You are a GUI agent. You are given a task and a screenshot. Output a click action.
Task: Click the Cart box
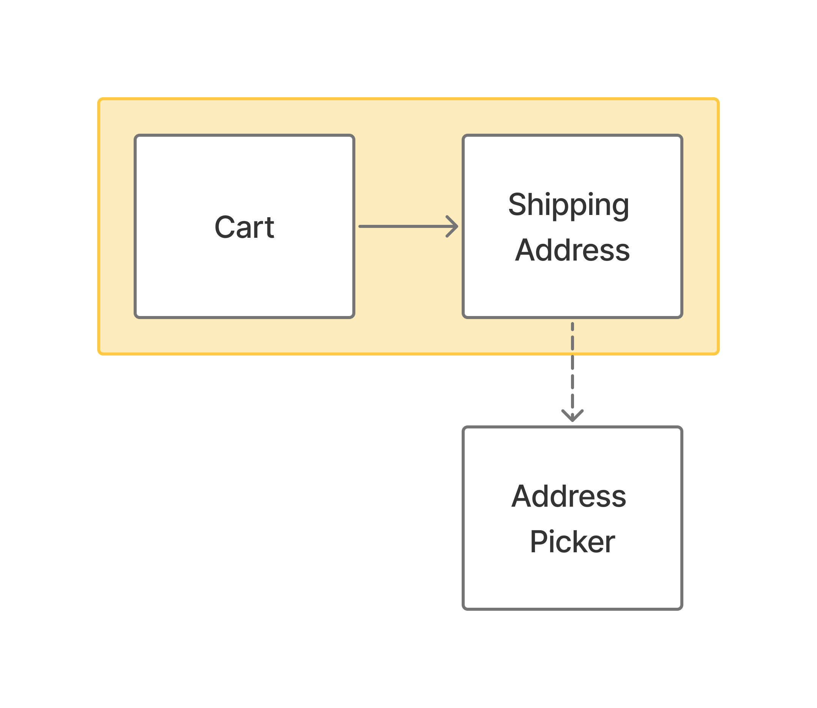coord(244,277)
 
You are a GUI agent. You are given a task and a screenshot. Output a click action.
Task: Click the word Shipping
coord(568,205)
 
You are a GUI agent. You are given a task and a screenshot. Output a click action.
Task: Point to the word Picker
coord(572,542)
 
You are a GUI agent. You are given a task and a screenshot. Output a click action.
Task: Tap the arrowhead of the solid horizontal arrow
coord(454,226)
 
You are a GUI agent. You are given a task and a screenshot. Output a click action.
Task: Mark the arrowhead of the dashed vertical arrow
coord(572,417)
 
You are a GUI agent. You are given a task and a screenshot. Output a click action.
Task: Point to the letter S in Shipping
coord(518,204)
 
